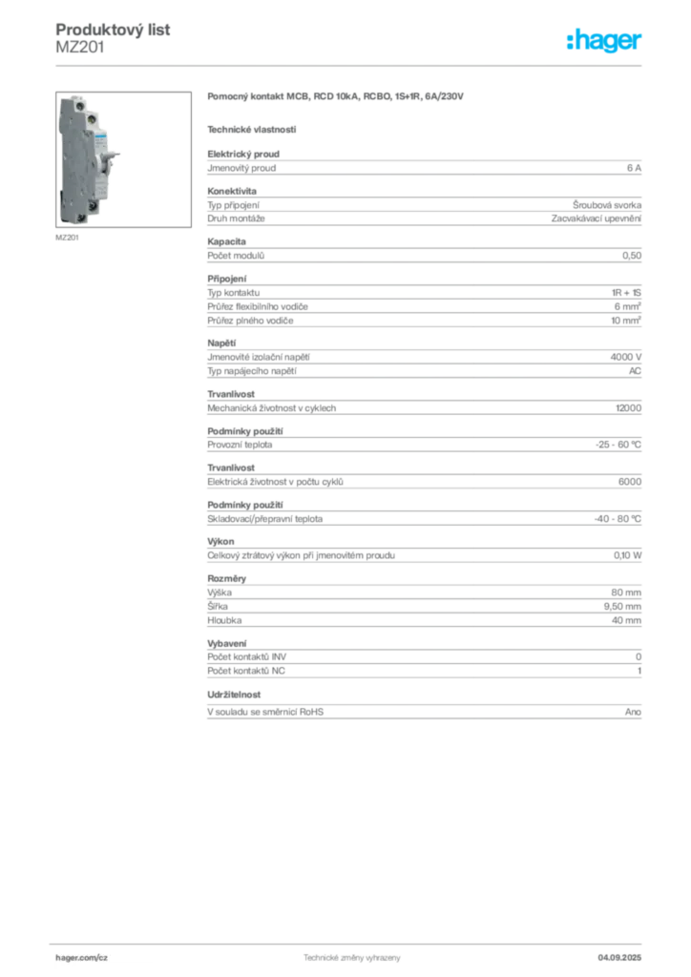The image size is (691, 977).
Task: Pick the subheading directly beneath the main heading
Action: click(x=252, y=128)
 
